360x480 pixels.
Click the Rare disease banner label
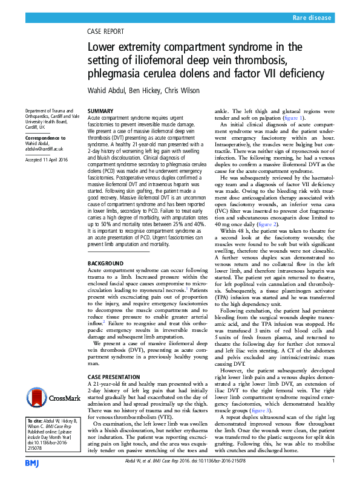(312, 18)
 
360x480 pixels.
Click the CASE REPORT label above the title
(106, 32)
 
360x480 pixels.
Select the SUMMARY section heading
(100, 111)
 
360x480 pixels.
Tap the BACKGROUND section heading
(106, 265)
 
